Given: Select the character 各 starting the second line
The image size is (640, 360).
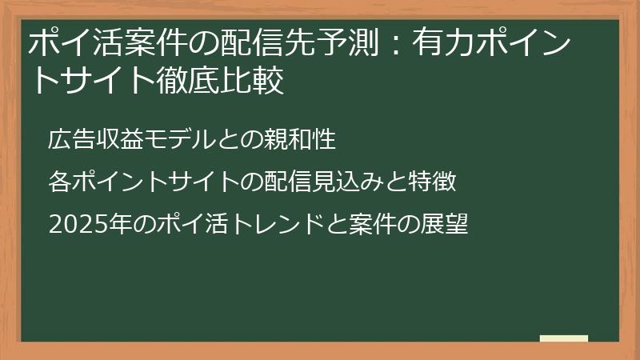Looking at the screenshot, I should coord(58,182).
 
